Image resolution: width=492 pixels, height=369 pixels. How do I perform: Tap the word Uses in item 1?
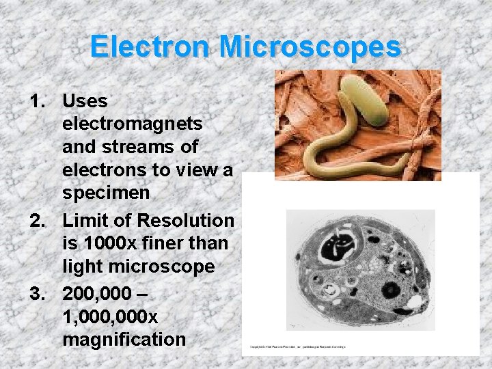click(85, 102)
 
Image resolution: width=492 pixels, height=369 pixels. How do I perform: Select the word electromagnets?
click(132, 124)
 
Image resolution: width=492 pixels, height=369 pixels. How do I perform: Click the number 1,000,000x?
click(109, 317)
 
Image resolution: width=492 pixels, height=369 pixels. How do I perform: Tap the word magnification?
click(124, 340)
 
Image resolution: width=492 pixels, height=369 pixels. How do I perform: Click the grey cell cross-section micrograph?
click(361, 269)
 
